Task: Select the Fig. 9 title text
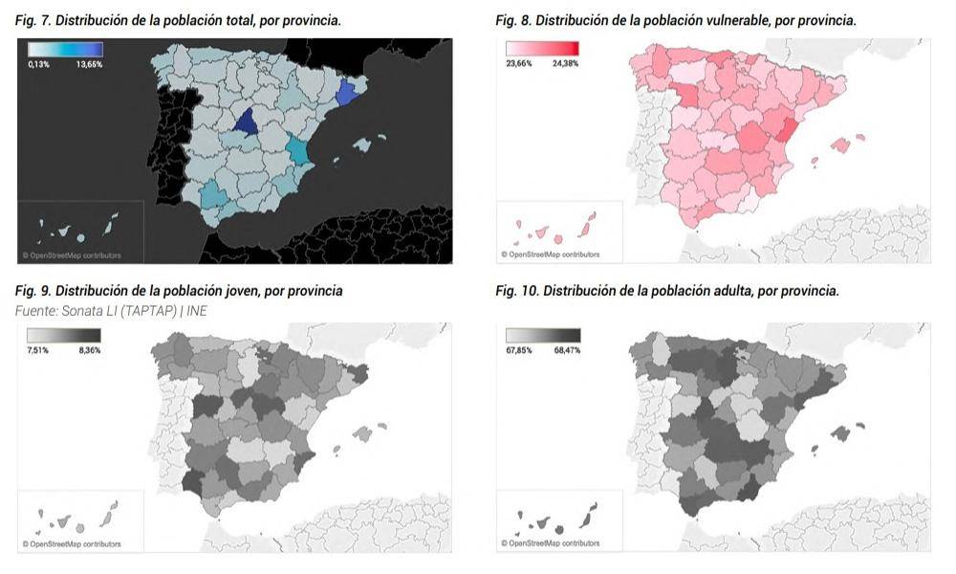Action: pos(180,291)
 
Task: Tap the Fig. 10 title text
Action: pos(667,291)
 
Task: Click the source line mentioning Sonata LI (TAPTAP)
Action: pos(112,310)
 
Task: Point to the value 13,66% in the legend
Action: pos(88,64)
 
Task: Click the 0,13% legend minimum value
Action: pos(39,64)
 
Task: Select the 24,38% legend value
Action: pos(564,64)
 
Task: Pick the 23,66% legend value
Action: pos(519,64)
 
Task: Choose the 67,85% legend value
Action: pos(519,350)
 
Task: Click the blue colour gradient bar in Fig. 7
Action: pos(65,50)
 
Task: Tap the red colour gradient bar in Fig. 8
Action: pos(542,50)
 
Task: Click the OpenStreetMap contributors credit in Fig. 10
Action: pos(550,543)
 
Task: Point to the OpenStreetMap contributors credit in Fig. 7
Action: pos(72,255)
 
